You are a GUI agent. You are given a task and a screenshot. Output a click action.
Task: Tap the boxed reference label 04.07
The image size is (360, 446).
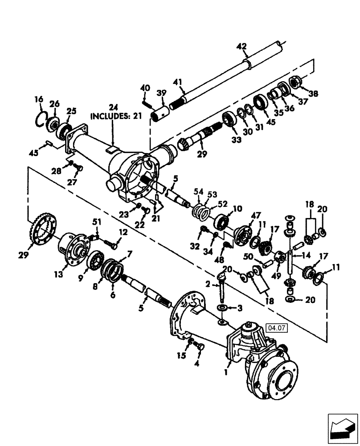(277, 329)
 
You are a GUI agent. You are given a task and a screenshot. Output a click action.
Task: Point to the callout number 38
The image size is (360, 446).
(313, 94)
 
